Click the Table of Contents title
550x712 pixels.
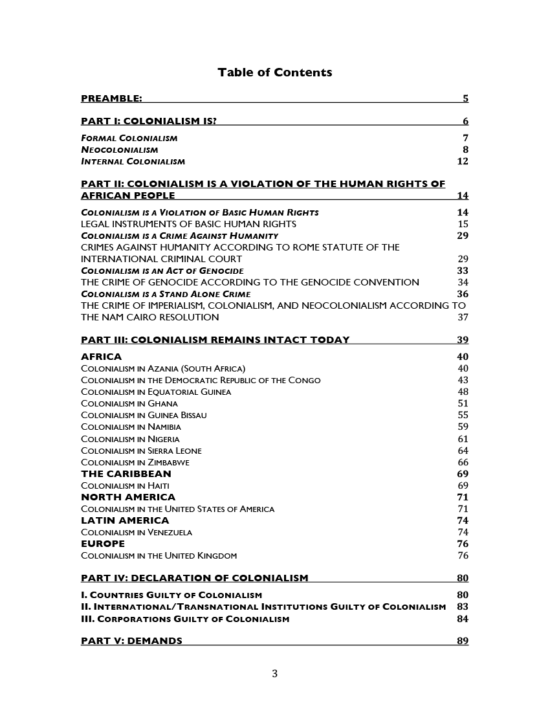pos(274,72)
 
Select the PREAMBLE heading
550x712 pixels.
pos(111,99)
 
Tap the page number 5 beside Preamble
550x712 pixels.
pos(465,99)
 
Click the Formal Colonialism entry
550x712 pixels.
pos(129,138)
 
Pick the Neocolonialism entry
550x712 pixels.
pos(119,150)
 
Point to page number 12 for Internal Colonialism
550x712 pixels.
pos(462,161)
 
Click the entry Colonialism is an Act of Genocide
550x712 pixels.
pos(162,271)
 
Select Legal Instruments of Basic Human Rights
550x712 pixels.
pos(188,224)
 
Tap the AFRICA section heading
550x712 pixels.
pos(101,357)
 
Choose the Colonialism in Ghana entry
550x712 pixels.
pos(129,403)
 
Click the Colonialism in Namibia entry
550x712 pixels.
pos(131,427)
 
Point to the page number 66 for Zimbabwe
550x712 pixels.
pos(463,462)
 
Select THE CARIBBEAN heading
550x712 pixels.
pos(126,474)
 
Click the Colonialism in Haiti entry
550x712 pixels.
pos(125,485)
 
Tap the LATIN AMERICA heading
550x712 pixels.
pos(125,520)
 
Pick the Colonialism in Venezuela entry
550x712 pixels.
pos(136,532)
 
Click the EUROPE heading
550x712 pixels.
pos(102,544)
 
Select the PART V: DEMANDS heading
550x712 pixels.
pos(131,641)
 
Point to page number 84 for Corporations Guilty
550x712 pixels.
pos(463,619)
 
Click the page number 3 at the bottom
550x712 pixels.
pos(274,674)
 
